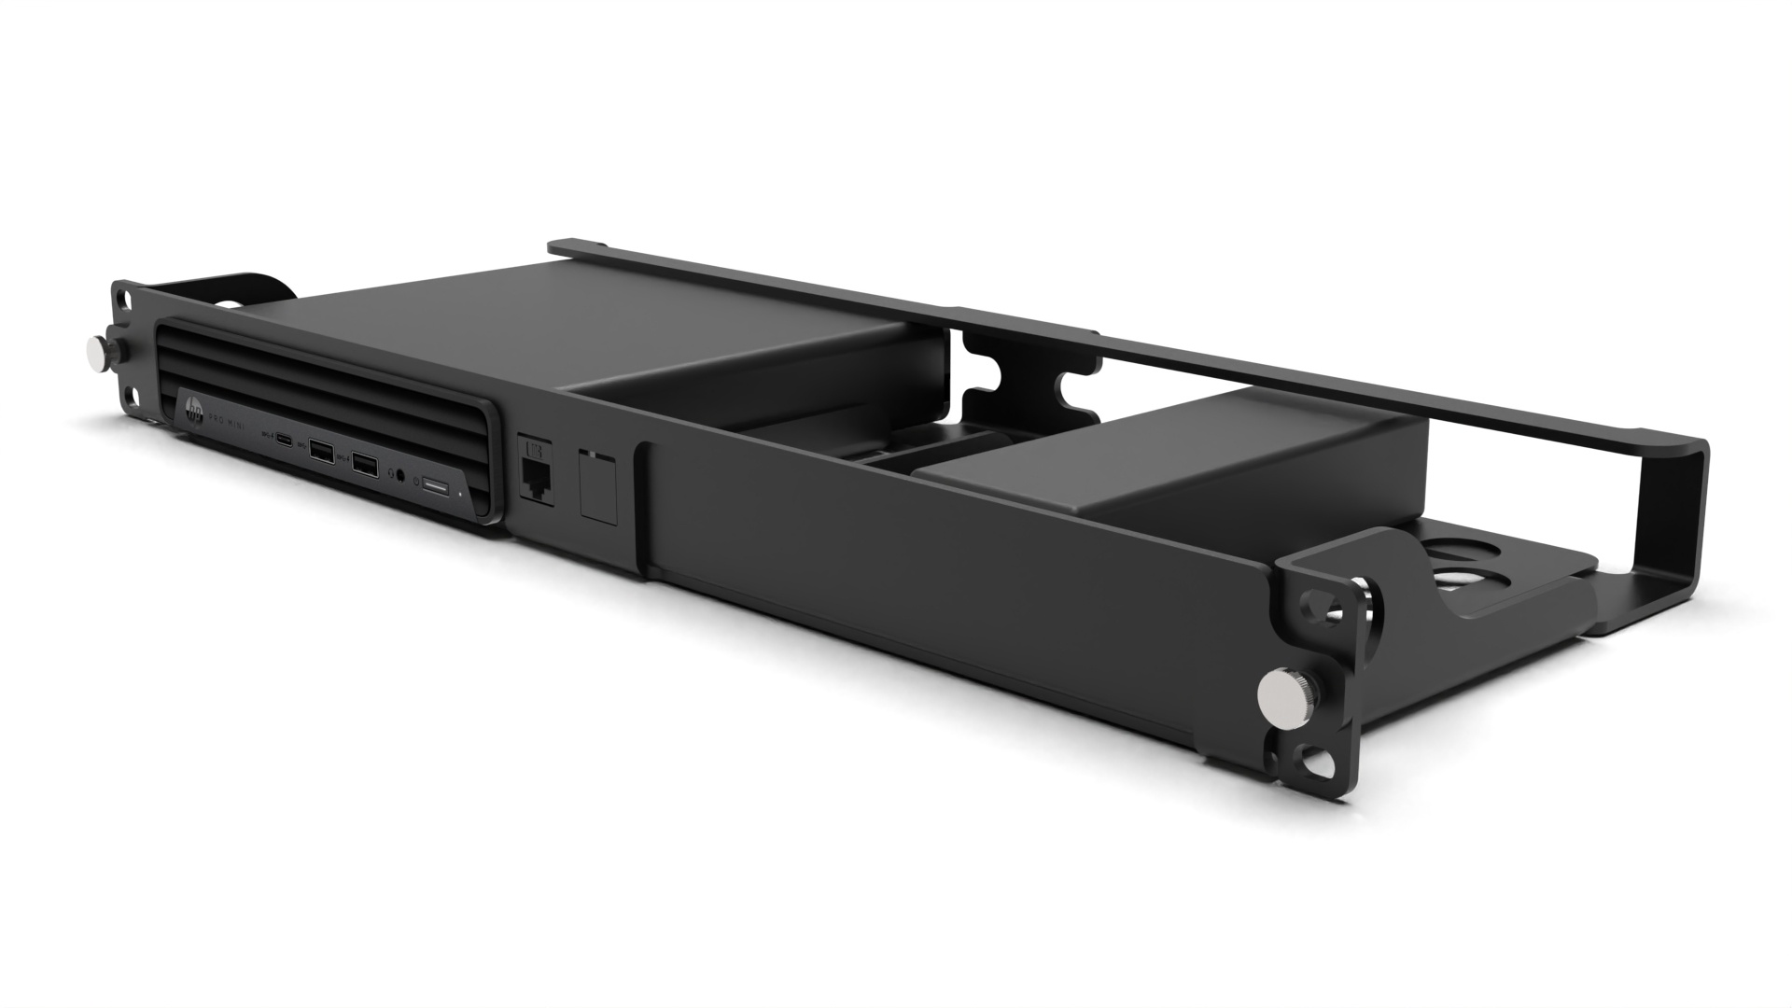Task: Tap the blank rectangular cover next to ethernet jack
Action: [598, 483]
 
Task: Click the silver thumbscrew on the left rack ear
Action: [95, 351]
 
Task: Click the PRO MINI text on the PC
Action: [228, 423]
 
